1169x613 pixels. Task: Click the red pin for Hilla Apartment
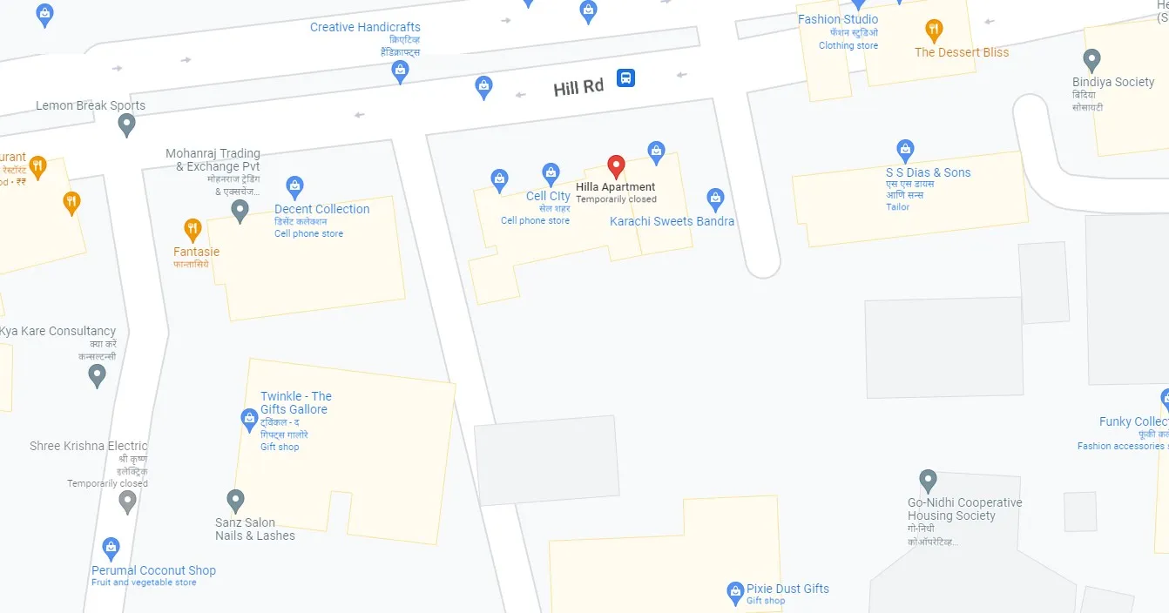pyautogui.click(x=616, y=165)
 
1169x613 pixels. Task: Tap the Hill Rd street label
pyautogui.click(x=578, y=87)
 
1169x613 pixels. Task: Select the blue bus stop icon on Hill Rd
pyautogui.click(x=625, y=77)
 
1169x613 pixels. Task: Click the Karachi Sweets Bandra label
pyautogui.click(x=672, y=221)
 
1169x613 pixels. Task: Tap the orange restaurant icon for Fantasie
pyautogui.click(x=193, y=230)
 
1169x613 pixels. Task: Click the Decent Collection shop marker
pyautogui.click(x=294, y=185)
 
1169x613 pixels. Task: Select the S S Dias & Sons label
pyautogui.click(x=928, y=172)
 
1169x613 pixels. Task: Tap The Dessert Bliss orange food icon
pyautogui.click(x=934, y=30)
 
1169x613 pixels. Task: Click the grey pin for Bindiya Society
pyautogui.click(x=1091, y=60)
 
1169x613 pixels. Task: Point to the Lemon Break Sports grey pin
pyautogui.click(x=126, y=125)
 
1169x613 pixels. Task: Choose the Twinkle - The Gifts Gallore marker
pyautogui.click(x=249, y=420)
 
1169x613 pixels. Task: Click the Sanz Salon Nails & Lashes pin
pyautogui.click(x=235, y=500)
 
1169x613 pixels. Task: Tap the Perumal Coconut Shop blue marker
pyautogui.click(x=111, y=548)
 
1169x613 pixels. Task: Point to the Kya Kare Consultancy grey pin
pyautogui.click(x=98, y=375)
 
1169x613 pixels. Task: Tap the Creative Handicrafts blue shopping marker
pyautogui.click(x=400, y=71)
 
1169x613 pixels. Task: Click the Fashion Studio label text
pyautogui.click(x=838, y=19)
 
